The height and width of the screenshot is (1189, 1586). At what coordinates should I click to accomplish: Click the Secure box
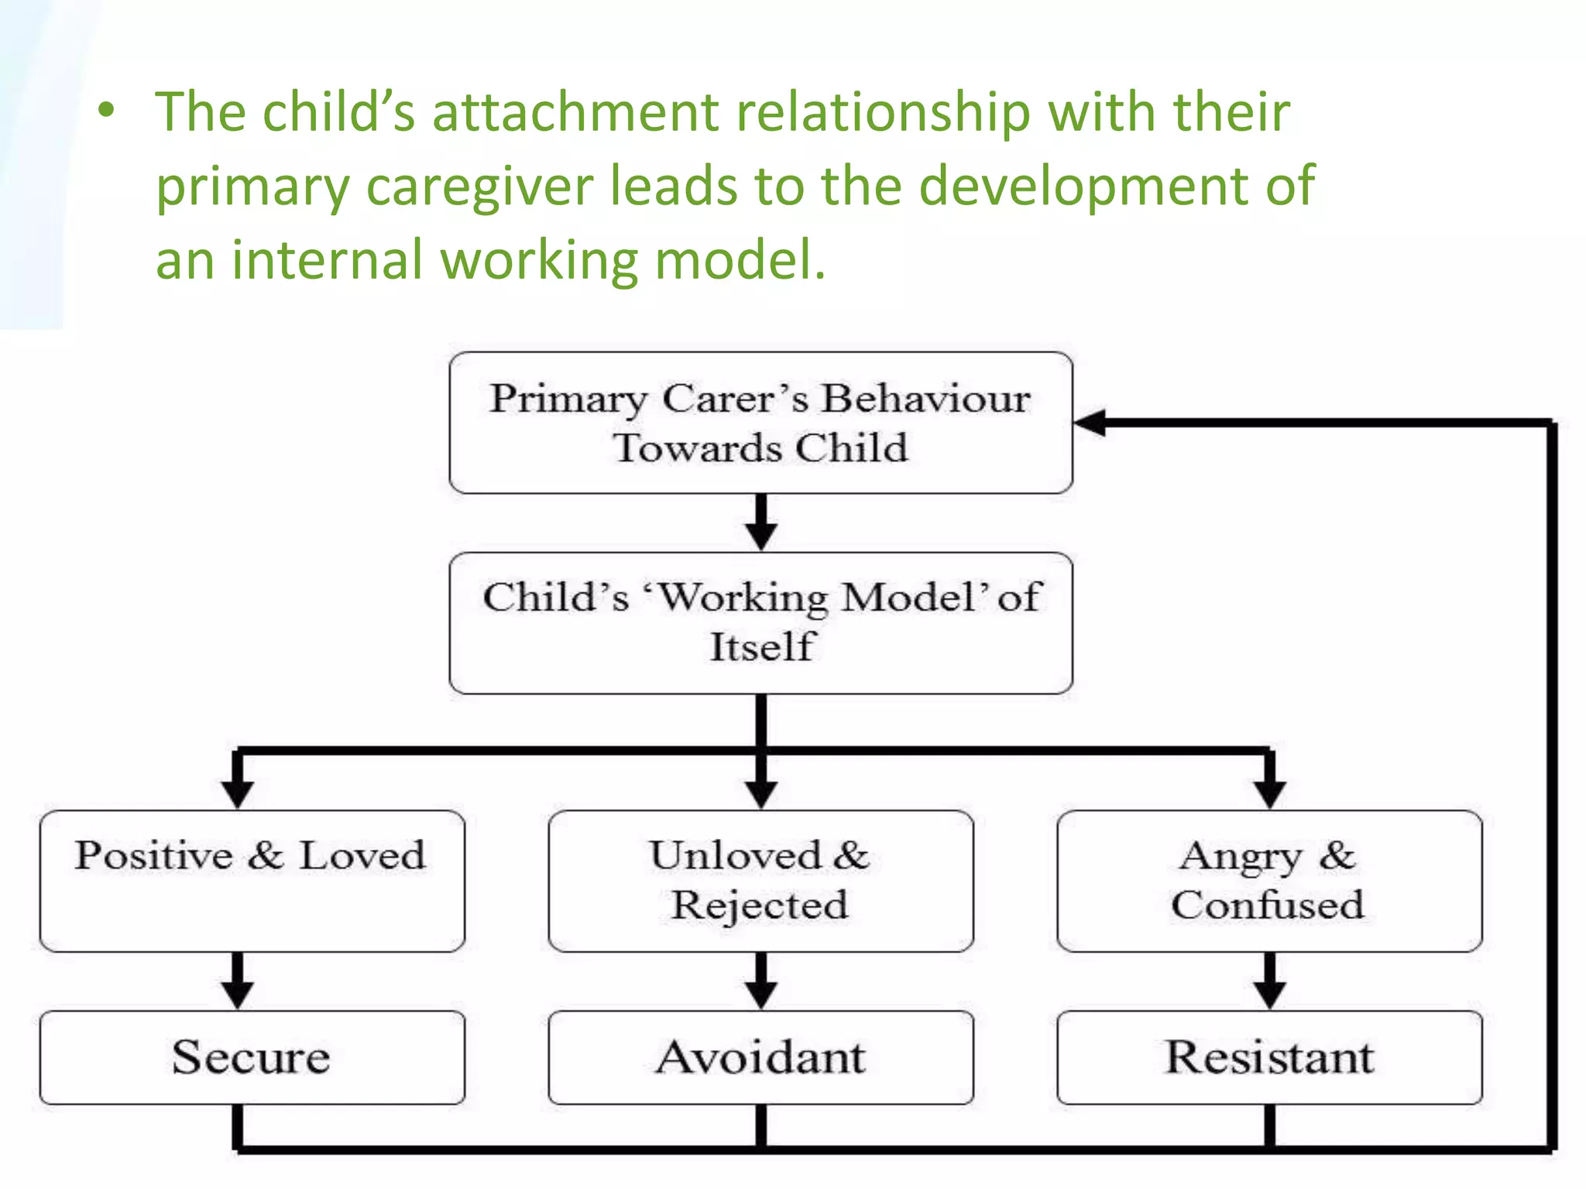coord(252,1057)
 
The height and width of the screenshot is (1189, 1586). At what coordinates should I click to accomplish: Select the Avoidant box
coord(760,1057)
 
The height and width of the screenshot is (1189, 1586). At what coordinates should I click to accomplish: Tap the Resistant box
coord(1269,1057)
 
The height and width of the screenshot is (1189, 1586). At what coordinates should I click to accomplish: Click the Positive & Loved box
coord(252,881)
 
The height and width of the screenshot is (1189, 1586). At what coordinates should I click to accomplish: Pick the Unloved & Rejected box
coord(760,881)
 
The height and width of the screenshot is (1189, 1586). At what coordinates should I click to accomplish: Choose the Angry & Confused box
coord(1269,881)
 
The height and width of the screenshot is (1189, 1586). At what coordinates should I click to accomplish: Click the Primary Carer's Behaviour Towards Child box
coord(760,423)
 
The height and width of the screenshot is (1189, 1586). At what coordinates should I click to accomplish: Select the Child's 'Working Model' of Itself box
coord(760,622)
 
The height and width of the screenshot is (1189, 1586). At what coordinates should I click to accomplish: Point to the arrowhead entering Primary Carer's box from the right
coord(1090,423)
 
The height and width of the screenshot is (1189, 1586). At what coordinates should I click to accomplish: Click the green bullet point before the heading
coord(107,111)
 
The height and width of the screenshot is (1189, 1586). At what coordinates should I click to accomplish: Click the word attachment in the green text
coord(575,112)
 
